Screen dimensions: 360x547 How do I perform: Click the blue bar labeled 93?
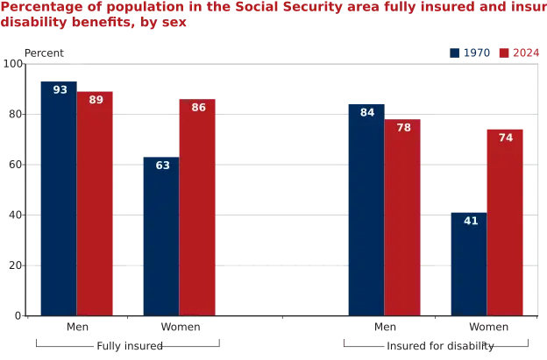(56, 197)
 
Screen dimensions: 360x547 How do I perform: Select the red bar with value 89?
(96, 203)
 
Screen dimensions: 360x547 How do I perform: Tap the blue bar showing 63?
(160, 235)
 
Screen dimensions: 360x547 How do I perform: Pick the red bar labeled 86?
(198, 207)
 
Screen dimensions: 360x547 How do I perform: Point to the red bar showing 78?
(402, 217)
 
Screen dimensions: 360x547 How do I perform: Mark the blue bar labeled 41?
(469, 263)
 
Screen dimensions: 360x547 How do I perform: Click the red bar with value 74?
(506, 221)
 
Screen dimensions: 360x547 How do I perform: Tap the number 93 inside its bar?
(60, 89)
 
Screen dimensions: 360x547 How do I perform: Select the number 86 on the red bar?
(198, 108)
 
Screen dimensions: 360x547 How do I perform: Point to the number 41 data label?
(471, 221)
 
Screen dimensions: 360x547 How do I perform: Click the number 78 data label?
(403, 128)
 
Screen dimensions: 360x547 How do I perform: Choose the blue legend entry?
(470, 53)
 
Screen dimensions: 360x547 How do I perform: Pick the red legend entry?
(518, 53)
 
